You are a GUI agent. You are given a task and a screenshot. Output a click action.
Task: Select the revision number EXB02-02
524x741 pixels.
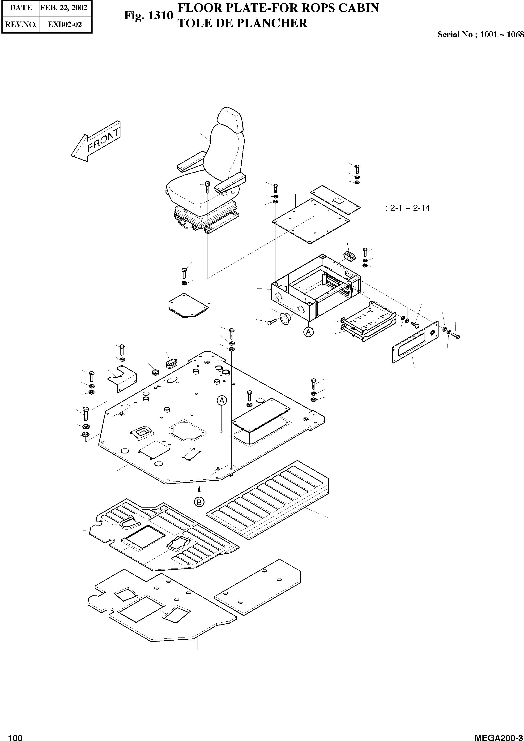pos(65,25)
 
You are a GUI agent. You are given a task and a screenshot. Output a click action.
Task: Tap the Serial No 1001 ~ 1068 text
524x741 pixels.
pos(480,34)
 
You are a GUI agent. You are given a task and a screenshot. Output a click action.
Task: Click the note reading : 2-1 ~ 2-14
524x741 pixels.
pos(408,208)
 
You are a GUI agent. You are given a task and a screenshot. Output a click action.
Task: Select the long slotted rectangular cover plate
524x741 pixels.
pos(416,342)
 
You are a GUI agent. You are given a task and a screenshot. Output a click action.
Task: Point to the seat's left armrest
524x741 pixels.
pos(190,164)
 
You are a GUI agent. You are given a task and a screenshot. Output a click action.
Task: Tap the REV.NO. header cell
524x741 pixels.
pos(21,25)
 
